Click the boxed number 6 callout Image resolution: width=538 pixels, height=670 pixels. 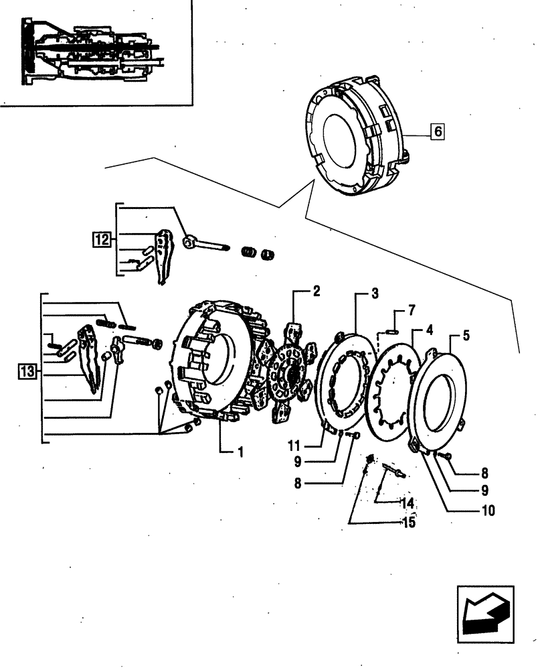coord(436,132)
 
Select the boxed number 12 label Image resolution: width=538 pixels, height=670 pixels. coord(100,238)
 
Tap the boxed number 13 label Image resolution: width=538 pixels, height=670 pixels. coord(27,371)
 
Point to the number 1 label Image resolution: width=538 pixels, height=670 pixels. coord(240,452)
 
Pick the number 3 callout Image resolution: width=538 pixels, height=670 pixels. coord(375,293)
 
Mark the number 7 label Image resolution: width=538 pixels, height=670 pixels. coord(412,311)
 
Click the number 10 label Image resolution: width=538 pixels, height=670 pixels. coord(488,511)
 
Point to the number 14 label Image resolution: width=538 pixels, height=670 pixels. coord(407,503)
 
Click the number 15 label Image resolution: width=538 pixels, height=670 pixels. coord(407,523)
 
